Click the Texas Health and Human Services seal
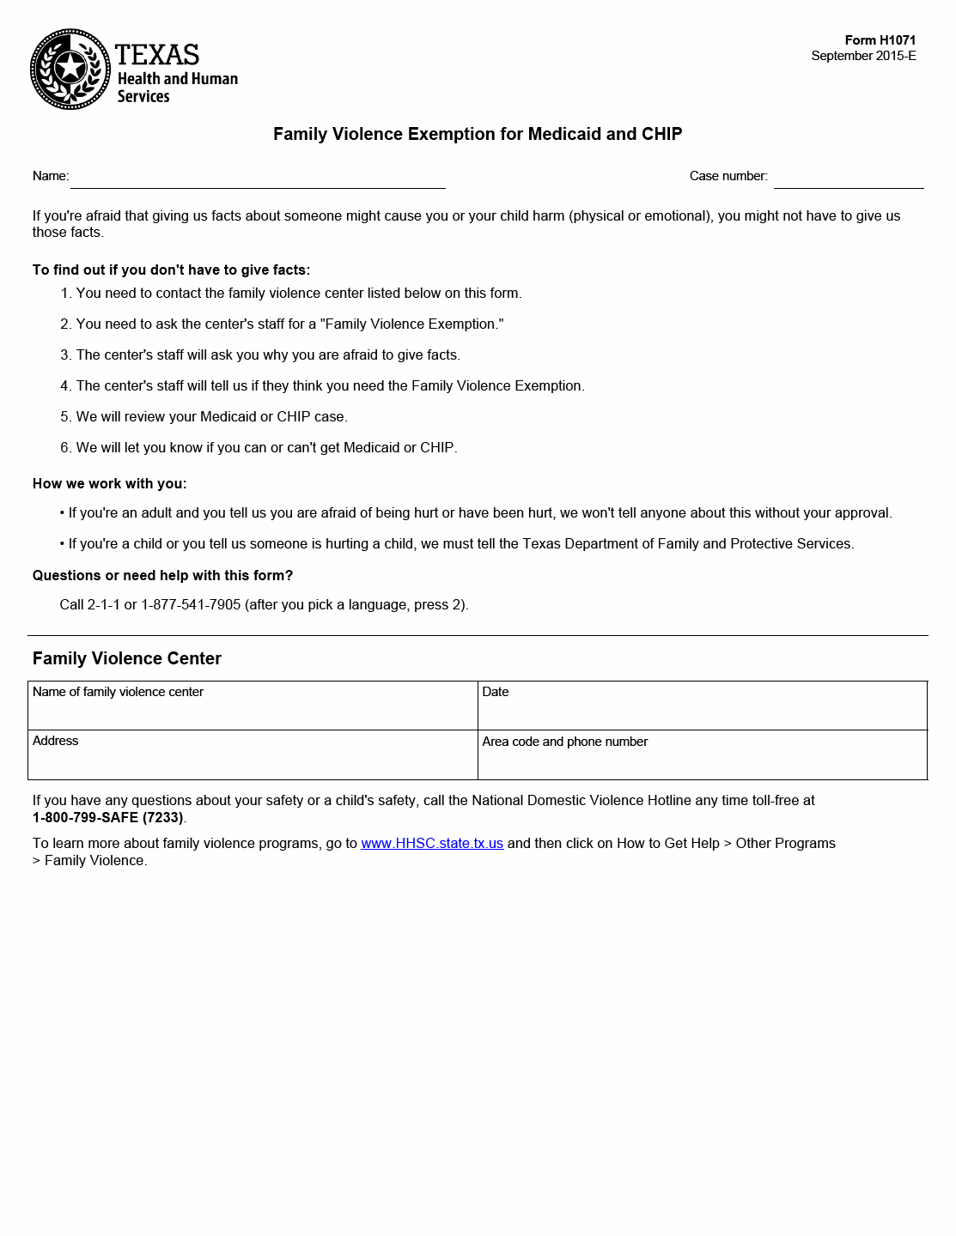[x=70, y=70]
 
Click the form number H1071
[x=880, y=40]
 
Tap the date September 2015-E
[x=863, y=56]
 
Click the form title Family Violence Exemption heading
[x=478, y=134]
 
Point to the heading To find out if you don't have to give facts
[x=171, y=270]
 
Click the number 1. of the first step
[x=65, y=294]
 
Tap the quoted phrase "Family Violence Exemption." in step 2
[x=412, y=324]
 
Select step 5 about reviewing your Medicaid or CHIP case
[x=210, y=417]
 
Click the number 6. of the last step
[x=65, y=448]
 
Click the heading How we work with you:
[x=109, y=484]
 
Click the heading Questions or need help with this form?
[x=162, y=576]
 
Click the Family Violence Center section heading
[x=127, y=658]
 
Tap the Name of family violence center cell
[x=253, y=706]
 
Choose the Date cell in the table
[x=702, y=706]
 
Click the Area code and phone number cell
[x=702, y=754]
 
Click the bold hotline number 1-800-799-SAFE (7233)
[x=107, y=818]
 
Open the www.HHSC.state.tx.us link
[x=432, y=844]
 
